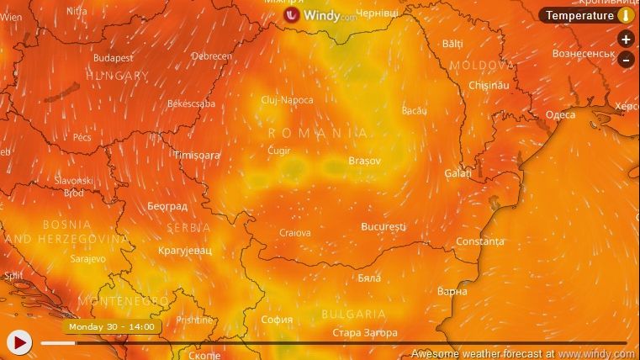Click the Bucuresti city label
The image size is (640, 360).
(x=383, y=226)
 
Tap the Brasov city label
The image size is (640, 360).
(x=364, y=160)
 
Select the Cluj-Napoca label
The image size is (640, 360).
(x=287, y=100)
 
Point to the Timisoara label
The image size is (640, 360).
(x=196, y=155)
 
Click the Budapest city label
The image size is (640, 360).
(x=113, y=58)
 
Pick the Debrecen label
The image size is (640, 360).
(x=212, y=56)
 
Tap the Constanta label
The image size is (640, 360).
(x=480, y=241)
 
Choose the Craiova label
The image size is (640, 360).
(x=294, y=233)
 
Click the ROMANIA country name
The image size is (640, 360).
(x=318, y=133)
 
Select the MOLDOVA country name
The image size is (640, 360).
(x=482, y=65)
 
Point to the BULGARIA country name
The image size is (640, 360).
(x=354, y=314)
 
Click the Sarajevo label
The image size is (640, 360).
(x=88, y=259)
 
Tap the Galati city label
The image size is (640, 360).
(x=458, y=172)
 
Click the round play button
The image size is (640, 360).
(x=19, y=341)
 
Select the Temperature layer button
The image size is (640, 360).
(x=580, y=15)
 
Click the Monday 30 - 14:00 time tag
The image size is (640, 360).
(x=111, y=326)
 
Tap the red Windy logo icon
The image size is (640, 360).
(x=292, y=15)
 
